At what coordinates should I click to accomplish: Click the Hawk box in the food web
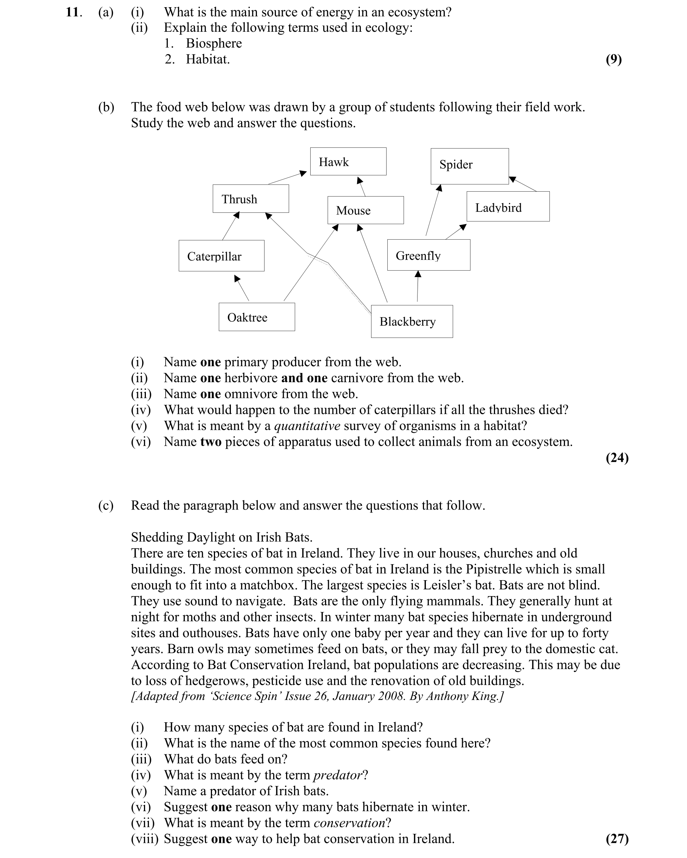348,161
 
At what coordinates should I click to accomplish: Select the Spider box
469,166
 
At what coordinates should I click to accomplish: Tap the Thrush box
250,198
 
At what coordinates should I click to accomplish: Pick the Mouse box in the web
365,210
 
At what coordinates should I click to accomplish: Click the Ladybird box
508,206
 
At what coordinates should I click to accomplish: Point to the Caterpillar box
221,256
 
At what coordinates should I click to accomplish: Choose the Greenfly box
429,255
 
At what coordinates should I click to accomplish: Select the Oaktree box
257,317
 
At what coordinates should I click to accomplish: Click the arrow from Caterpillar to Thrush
231,226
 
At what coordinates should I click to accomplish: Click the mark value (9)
613,59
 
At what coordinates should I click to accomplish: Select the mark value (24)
617,457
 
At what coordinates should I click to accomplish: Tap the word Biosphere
214,43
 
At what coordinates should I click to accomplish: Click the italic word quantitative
307,426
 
